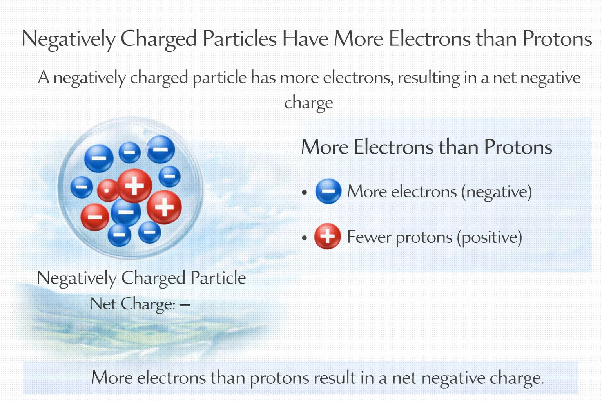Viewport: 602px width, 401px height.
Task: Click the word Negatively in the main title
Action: pos(69,39)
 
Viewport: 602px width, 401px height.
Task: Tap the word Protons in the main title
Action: pos(557,39)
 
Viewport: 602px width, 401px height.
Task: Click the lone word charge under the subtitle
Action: pos(308,103)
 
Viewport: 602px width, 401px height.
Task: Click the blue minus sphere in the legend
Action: pos(328,191)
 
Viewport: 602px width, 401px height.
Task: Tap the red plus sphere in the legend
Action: pos(328,236)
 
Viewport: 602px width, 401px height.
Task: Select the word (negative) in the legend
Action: pos(497,192)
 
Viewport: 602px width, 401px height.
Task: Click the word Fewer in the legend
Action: pos(368,237)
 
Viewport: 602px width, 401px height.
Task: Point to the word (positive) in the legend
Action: pos(490,238)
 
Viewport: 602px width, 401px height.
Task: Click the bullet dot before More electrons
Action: pos(305,192)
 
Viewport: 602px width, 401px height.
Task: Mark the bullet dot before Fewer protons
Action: pos(305,238)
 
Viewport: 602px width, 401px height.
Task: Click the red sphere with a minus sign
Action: pos(95,217)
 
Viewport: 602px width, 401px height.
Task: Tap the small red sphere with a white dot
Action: pos(107,191)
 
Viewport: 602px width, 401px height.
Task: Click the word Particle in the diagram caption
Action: pos(218,278)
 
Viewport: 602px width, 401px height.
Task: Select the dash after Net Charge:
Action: pos(185,304)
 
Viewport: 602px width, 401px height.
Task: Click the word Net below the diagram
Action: pos(103,304)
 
